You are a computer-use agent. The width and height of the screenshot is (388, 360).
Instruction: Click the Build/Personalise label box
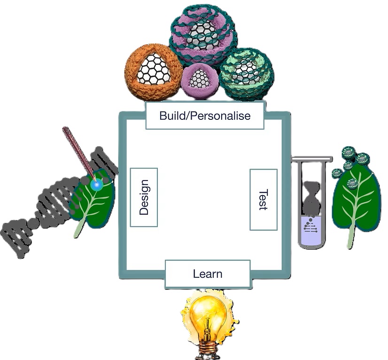204,116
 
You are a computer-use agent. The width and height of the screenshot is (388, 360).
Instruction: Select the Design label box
144,197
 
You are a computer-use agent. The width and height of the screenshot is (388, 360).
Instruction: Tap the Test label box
263,200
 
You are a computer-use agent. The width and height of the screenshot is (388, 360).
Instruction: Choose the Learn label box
208,274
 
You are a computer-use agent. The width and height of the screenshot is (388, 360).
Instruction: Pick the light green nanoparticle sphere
245,73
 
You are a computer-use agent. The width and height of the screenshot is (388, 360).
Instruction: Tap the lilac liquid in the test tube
310,233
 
